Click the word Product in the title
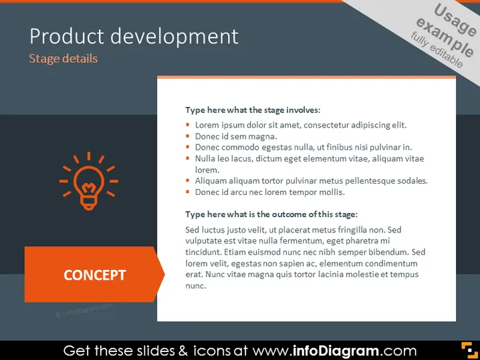click(67, 36)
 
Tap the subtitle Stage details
click(64, 58)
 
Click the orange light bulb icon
click(89, 181)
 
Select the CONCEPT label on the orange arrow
click(94, 275)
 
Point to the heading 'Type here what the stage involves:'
click(253, 110)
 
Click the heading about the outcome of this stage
click(271, 214)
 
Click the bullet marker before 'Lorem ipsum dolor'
click(188, 124)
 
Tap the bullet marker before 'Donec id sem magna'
click(188, 136)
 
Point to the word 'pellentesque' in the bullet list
click(370, 181)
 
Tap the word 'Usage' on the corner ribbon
click(455, 21)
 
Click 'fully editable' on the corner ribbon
click(437, 50)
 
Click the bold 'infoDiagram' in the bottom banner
click(336, 351)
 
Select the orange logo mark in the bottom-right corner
click(469, 350)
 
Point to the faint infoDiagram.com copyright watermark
click(84, 310)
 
